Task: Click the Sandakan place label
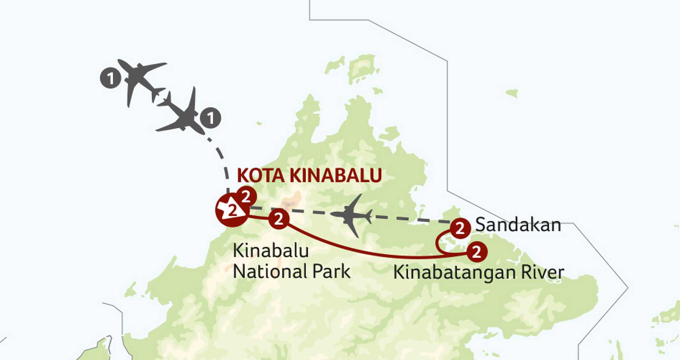[x=518, y=225]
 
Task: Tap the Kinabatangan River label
[x=478, y=273]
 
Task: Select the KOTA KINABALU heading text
[x=309, y=175]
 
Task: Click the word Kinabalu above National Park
[x=271, y=251]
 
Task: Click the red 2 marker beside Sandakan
[x=460, y=228]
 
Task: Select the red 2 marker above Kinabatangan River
[x=477, y=252]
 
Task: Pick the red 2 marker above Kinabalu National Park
[x=279, y=219]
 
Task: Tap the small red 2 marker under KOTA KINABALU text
[x=246, y=196]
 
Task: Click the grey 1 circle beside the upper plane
[x=110, y=78]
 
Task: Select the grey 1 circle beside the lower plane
[x=211, y=118]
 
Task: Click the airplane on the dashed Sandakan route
[x=351, y=215]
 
